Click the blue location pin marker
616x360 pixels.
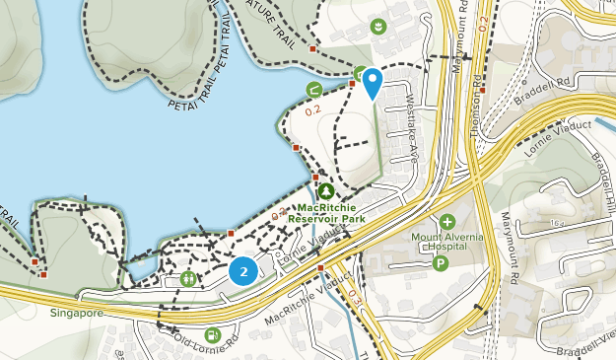click(x=372, y=82)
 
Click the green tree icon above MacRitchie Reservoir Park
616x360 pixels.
click(x=326, y=190)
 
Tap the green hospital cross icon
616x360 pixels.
click(x=447, y=221)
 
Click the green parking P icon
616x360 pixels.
click(x=440, y=263)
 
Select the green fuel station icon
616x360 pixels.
click(x=214, y=335)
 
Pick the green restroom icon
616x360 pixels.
click(x=187, y=279)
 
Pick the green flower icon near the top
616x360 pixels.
click(x=377, y=26)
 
